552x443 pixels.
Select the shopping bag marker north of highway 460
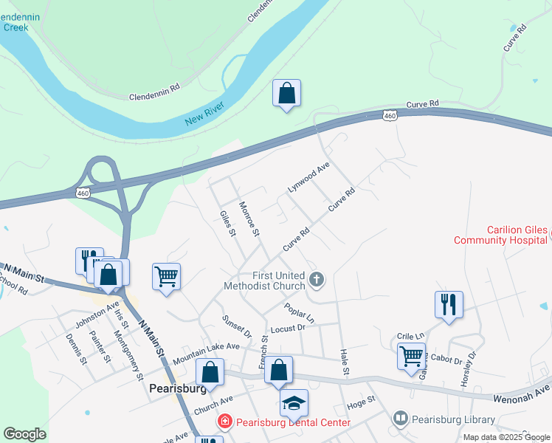[287, 95]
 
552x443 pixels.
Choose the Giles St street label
[227, 224]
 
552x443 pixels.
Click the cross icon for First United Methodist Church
[317, 279]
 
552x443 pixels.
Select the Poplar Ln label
[299, 312]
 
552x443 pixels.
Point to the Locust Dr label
[287, 328]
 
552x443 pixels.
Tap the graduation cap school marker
[294, 403]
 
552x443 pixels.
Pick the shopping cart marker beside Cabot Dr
[412, 357]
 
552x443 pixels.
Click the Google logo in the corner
[24, 434]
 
